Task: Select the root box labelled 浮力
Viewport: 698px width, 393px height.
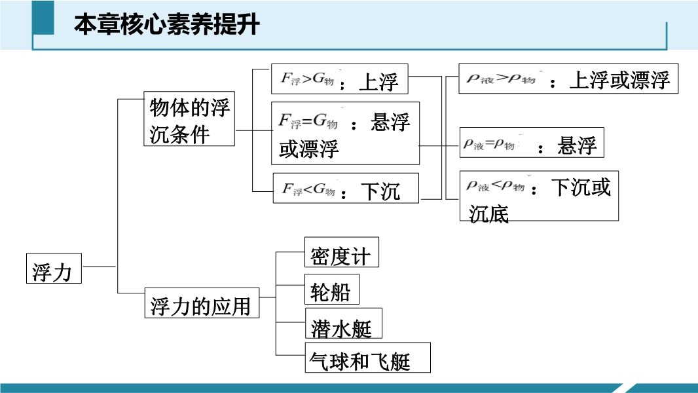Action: tap(54, 269)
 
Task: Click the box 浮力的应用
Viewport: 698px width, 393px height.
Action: tap(201, 304)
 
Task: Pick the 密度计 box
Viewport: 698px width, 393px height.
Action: tap(341, 253)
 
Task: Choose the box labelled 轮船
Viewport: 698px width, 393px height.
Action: tap(331, 290)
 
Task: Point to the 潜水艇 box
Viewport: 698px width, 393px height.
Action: tap(342, 325)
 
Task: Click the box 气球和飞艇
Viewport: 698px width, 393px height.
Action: tap(367, 358)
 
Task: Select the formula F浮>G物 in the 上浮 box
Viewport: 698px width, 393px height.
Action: tap(308, 79)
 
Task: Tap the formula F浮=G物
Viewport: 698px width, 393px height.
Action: tap(308, 121)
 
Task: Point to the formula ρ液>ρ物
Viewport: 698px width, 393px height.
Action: tap(501, 79)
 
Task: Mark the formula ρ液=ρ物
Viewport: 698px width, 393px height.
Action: tap(489, 145)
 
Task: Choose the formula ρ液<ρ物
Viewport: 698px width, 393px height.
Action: tap(496, 186)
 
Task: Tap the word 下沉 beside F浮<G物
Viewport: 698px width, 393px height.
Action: tap(380, 191)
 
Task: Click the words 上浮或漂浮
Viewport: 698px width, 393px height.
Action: tap(619, 80)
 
